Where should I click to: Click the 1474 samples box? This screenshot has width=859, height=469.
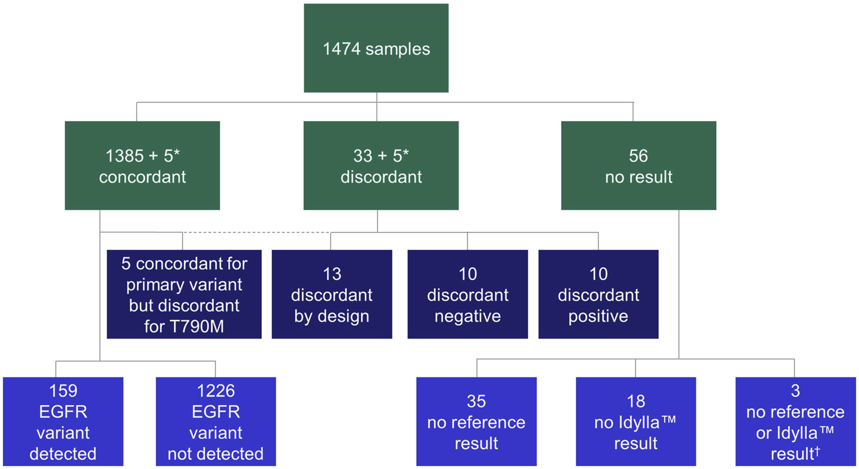pyautogui.click(x=376, y=48)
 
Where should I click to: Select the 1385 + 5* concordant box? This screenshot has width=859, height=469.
pyautogui.click(x=142, y=166)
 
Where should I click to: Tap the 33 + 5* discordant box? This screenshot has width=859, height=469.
pyautogui.click(x=381, y=166)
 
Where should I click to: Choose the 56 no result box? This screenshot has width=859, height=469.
pyautogui.click(x=638, y=166)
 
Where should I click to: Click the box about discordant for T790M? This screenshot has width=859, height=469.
pyautogui.click(x=184, y=295)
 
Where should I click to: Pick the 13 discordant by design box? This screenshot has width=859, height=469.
pyautogui.click(x=332, y=295)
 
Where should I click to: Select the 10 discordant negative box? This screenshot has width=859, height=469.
pyautogui.click(x=468, y=295)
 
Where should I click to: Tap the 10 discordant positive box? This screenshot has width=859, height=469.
pyautogui.click(x=598, y=295)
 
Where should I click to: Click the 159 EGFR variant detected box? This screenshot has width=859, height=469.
pyautogui.click(x=63, y=421)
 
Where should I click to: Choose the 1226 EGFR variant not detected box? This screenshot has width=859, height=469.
pyautogui.click(x=216, y=421)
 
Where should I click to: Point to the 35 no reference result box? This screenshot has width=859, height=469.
pyautogui.click(x=477, y=421)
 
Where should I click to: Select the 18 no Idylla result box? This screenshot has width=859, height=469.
pyautogui.click(x=636, y=421)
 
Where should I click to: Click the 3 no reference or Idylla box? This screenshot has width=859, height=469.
pyautogui.click(x=796, y=421)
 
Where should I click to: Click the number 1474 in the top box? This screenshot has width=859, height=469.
pyautogui.click(x=342, y=49)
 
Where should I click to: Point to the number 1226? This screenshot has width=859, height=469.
pyautogui.click(x=216, y=391)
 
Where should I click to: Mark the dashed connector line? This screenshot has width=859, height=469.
pyautogui.click(x=256, y=232)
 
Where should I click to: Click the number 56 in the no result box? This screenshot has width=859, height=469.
pyautogui.click(x=638, y=156)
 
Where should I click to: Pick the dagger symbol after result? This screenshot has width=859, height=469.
pyautogui.click(x=818, y=450)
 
